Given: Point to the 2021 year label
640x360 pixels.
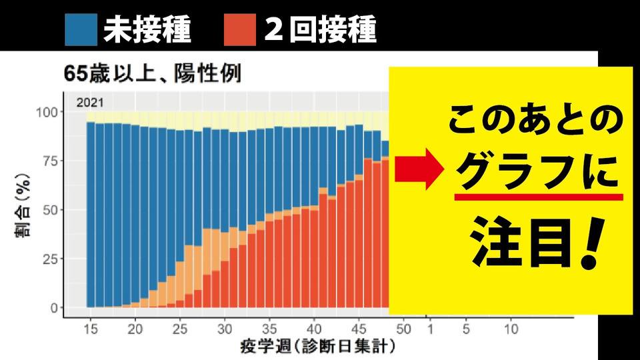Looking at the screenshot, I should (89, 103).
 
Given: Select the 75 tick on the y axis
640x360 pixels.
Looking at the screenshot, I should (53, 161).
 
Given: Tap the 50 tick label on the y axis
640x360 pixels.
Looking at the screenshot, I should (53, 209).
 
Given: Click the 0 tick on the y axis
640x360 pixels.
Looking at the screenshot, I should (56, 307).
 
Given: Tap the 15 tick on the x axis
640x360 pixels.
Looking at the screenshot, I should (90, 329).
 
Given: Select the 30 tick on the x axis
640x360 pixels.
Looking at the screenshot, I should (225, 329).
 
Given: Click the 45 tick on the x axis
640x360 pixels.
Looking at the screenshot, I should (359, 329).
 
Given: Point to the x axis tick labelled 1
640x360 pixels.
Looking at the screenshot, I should (430, 329).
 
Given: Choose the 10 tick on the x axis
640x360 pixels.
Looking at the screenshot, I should (511, 329).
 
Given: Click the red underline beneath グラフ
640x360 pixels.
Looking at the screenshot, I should (539, 197).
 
